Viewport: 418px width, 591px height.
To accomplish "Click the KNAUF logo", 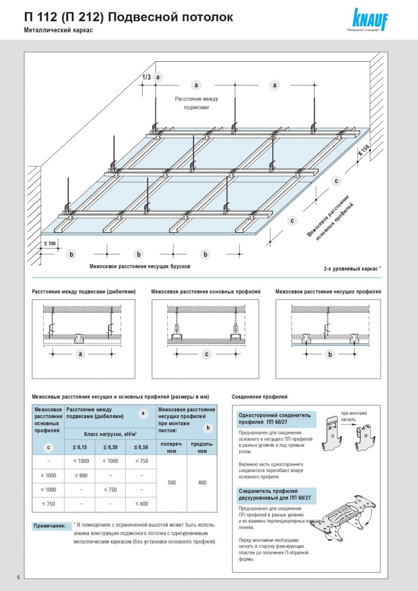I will (x=370, y=19).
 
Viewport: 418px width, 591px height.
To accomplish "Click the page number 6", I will (x=18, y=577).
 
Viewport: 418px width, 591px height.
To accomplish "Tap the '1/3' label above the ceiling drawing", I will (x=146, y=77).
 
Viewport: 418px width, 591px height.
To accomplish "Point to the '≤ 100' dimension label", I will (x=50, y=243).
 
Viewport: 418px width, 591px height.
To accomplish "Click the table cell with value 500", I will (x=171, y=483).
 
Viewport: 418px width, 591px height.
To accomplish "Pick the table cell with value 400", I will (x=202, y=483).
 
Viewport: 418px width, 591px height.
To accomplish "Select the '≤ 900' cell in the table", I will (x=80, y=475).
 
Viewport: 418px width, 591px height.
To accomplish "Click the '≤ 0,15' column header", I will (x=80, y=447).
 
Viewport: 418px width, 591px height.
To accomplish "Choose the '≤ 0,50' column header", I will (x=141, y=447).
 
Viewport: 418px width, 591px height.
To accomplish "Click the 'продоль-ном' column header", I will (x=202, y=448).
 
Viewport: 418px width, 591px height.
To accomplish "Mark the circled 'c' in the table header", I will (x=48, y=448).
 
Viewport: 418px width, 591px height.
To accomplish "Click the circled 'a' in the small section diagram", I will (x=80, y=354).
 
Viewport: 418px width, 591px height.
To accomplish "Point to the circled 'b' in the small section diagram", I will (x=330, y=355).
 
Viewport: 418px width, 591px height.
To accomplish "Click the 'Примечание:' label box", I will (x=49, y=526).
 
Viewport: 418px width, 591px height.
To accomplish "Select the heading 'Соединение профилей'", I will (x=260, y=397).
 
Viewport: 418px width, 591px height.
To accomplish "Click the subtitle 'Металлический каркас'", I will (x=59, y=30).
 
